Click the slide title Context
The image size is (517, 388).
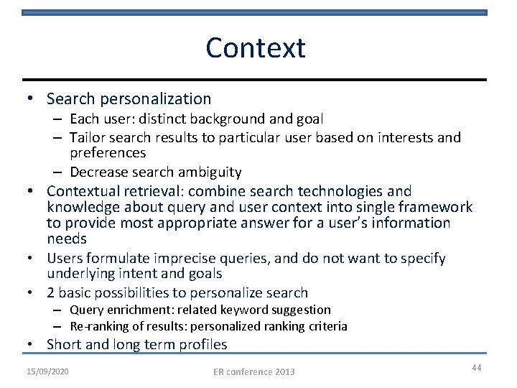point(255,48)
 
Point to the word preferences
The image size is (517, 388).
point(108,153)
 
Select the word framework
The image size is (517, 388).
point(438,207)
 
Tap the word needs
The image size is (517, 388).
point(67,238)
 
